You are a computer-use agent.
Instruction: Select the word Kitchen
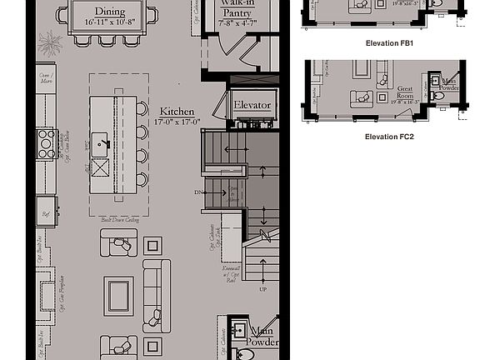coord(177,111)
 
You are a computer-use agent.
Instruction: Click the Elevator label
coord(252,106)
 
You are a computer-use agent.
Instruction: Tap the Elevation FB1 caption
coord(390,42)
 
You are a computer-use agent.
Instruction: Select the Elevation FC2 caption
coord(390,136)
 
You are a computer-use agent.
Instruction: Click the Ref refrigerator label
coord(46,214)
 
